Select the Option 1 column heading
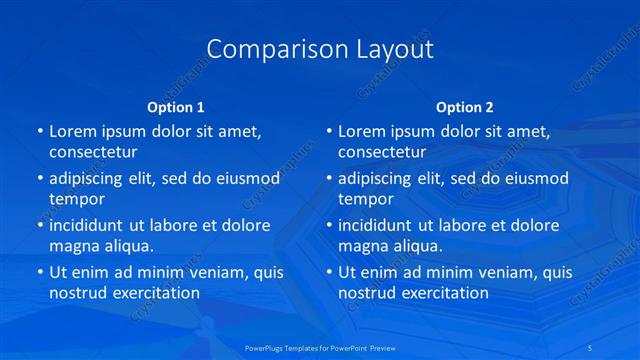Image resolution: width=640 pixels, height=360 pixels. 175,107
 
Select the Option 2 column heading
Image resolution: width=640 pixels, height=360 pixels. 465,107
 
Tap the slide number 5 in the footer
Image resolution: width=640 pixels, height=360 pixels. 593,347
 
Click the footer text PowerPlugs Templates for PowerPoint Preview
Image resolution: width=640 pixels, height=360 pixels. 319,347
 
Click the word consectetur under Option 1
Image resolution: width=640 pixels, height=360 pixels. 93,152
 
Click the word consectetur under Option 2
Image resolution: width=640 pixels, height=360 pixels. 382,152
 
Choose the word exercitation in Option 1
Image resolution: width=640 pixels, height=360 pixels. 154,293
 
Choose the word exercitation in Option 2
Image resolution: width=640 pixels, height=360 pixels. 444,293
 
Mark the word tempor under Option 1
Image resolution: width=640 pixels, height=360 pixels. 77,198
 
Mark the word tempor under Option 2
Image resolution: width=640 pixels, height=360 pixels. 366,198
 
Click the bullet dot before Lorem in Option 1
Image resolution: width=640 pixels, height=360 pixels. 39,132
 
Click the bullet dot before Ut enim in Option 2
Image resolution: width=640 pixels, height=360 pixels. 329,272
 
